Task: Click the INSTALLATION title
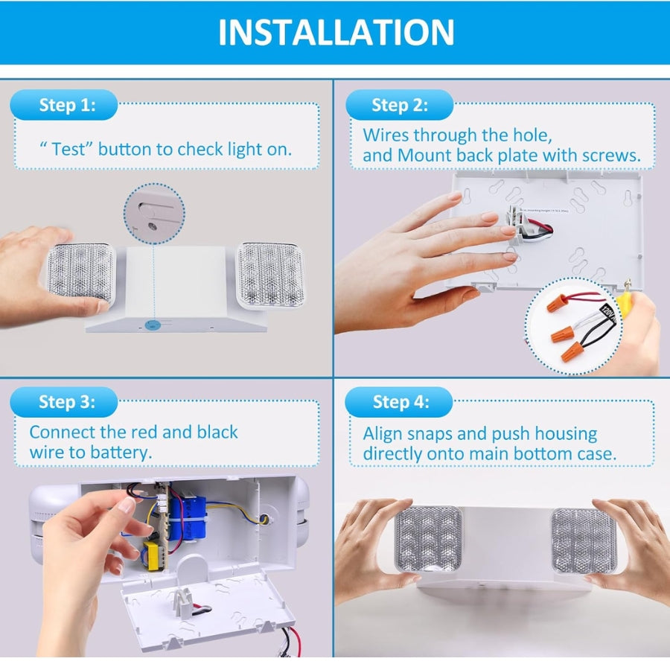tap(336, 32)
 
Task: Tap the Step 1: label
tap(66, 105)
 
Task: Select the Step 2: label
tap(400, 105)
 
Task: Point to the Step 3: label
tap(66, 402)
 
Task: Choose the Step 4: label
tap(400, 402)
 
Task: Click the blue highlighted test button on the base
tap(153, 325)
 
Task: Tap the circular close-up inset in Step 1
tap(154, 214)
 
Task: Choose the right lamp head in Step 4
tap(584, 540)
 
